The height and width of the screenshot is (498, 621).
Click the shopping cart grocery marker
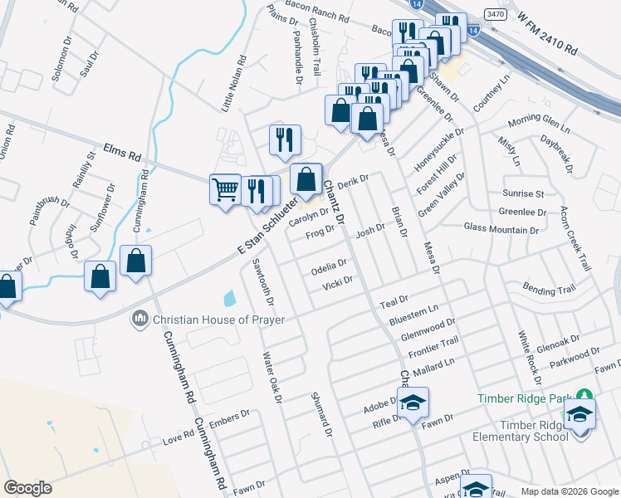click(x=225, y=189)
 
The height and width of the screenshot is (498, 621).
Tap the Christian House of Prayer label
click(x=218, y=320)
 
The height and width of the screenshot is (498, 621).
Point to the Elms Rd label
click(x=124, y=152)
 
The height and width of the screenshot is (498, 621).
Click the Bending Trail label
click(x=549, y=289)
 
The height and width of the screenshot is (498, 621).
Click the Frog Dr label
click(x=319, y=233)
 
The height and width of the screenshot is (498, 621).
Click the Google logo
click(x=28, y=488)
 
